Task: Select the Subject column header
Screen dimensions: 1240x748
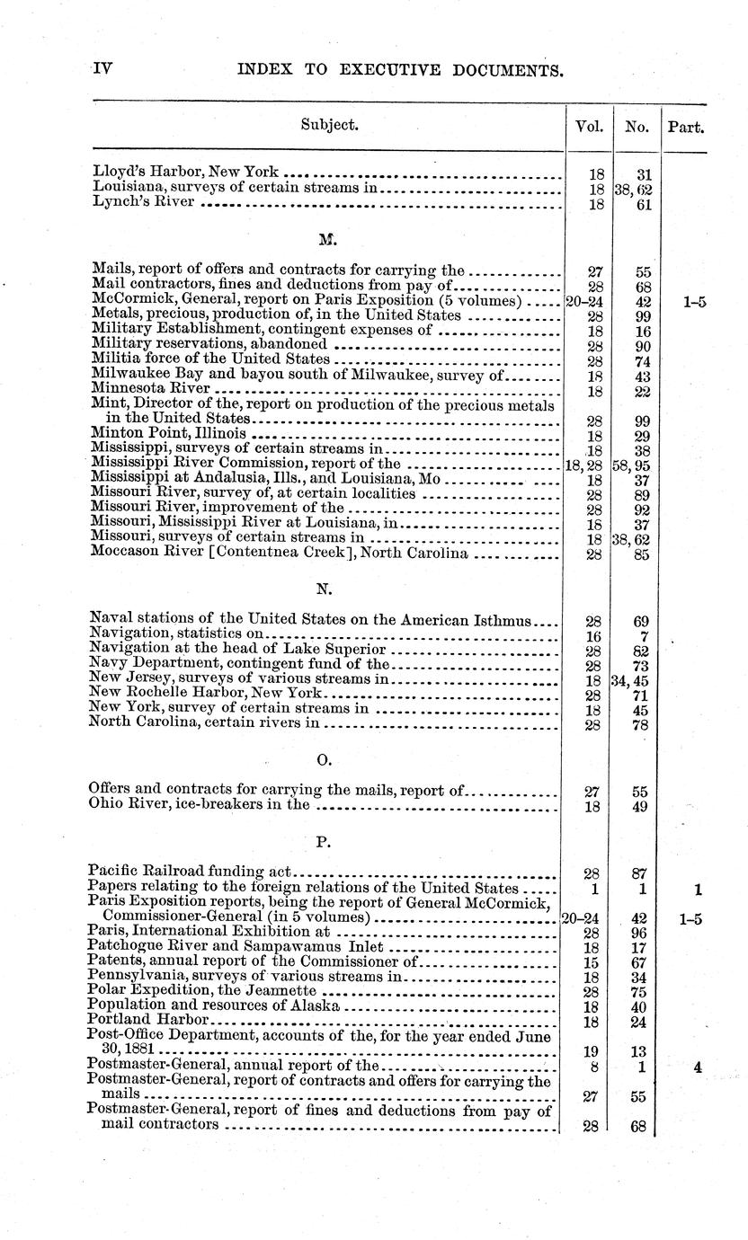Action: tap(329, 126)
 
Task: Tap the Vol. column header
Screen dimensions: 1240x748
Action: tap(588, 128)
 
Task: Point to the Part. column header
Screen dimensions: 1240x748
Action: tap(685, 128)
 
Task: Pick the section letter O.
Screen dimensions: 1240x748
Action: tap(325, 761)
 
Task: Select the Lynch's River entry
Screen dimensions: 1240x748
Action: tap(143, 203)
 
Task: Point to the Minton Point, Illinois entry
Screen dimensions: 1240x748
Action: tap(168, 433)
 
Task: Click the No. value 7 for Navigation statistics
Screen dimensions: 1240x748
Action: tap(642, 635)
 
